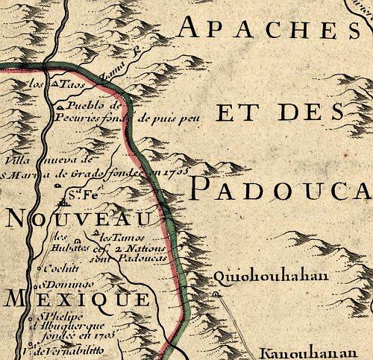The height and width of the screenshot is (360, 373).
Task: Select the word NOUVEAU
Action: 78,218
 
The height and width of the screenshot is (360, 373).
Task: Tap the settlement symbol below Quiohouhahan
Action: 216,294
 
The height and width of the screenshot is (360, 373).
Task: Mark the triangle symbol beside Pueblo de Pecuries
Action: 60,108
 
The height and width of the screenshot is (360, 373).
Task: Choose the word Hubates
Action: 75,247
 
